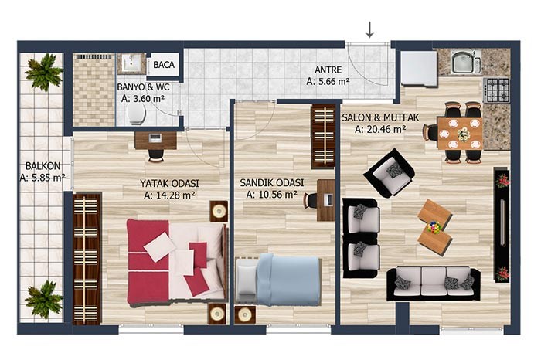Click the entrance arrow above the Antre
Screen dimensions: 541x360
pyautogui.click(x=369, y=29)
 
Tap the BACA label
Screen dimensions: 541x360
pyautogui.click(x=164, y=65)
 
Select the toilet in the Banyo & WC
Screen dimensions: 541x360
pyautogui.click(x=137, y=114)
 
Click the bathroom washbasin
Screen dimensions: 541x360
pyautogui.click(x=131, y=64)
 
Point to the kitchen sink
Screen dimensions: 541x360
pyautogui.click(x=466, y=62)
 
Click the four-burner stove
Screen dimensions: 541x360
pyautogui.click(x=497, y=90)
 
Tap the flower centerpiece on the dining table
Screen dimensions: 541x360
pyautogui.click(x=464, y=134)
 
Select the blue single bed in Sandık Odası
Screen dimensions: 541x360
pyautogui.click(x=277, y=280)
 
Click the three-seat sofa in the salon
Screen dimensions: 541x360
pyautogui.click(x=434, y=283)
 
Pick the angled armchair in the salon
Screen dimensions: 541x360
pyautogui.click(x=389, y=173)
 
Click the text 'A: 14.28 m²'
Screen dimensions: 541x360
pyautogui.click(x=170, y=195)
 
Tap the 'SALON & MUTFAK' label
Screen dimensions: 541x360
pyautogui.click(x=380, y=117)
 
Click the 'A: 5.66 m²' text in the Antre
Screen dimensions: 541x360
pyautogui.click(x=328, y=82)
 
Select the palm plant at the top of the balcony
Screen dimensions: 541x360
pyautogui.click(x=44, y=72)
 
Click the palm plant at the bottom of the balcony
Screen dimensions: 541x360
pyautogui.click(x=44, y=299)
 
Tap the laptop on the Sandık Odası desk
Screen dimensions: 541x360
pyautogui.click(x=328, y=200)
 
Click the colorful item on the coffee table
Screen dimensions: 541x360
pyautogui.click(x=434, y=227)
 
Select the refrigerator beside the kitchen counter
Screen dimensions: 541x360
pyautogui.click(x=419, y=68)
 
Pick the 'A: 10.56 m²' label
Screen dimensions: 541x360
pyautogui.click(x=272, y=195)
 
